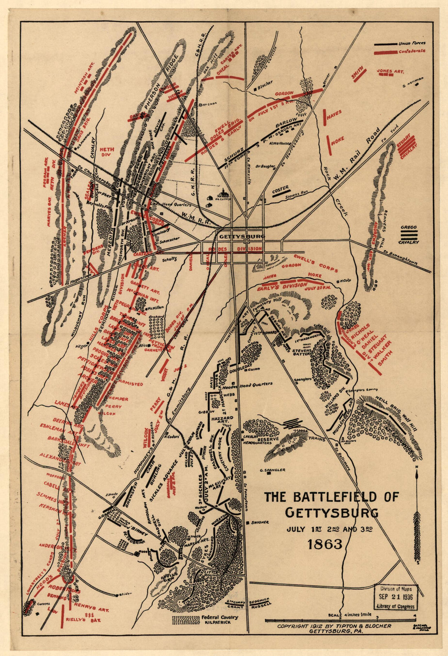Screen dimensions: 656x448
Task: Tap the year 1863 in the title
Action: click(325, 544)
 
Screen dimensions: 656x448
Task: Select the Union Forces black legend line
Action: click(385, 44)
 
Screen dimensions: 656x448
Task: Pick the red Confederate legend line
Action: click(385, 52)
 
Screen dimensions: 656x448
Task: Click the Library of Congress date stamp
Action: click(396, 597)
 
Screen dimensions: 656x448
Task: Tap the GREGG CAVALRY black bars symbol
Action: click(409, 235)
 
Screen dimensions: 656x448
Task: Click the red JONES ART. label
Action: click(390, 71)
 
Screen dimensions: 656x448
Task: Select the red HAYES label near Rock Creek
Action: click(334, 112)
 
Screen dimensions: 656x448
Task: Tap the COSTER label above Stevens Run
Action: click(280, 188)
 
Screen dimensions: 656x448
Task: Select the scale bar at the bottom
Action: click(340, 620)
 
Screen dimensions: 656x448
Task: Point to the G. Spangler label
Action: click(272, 470)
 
